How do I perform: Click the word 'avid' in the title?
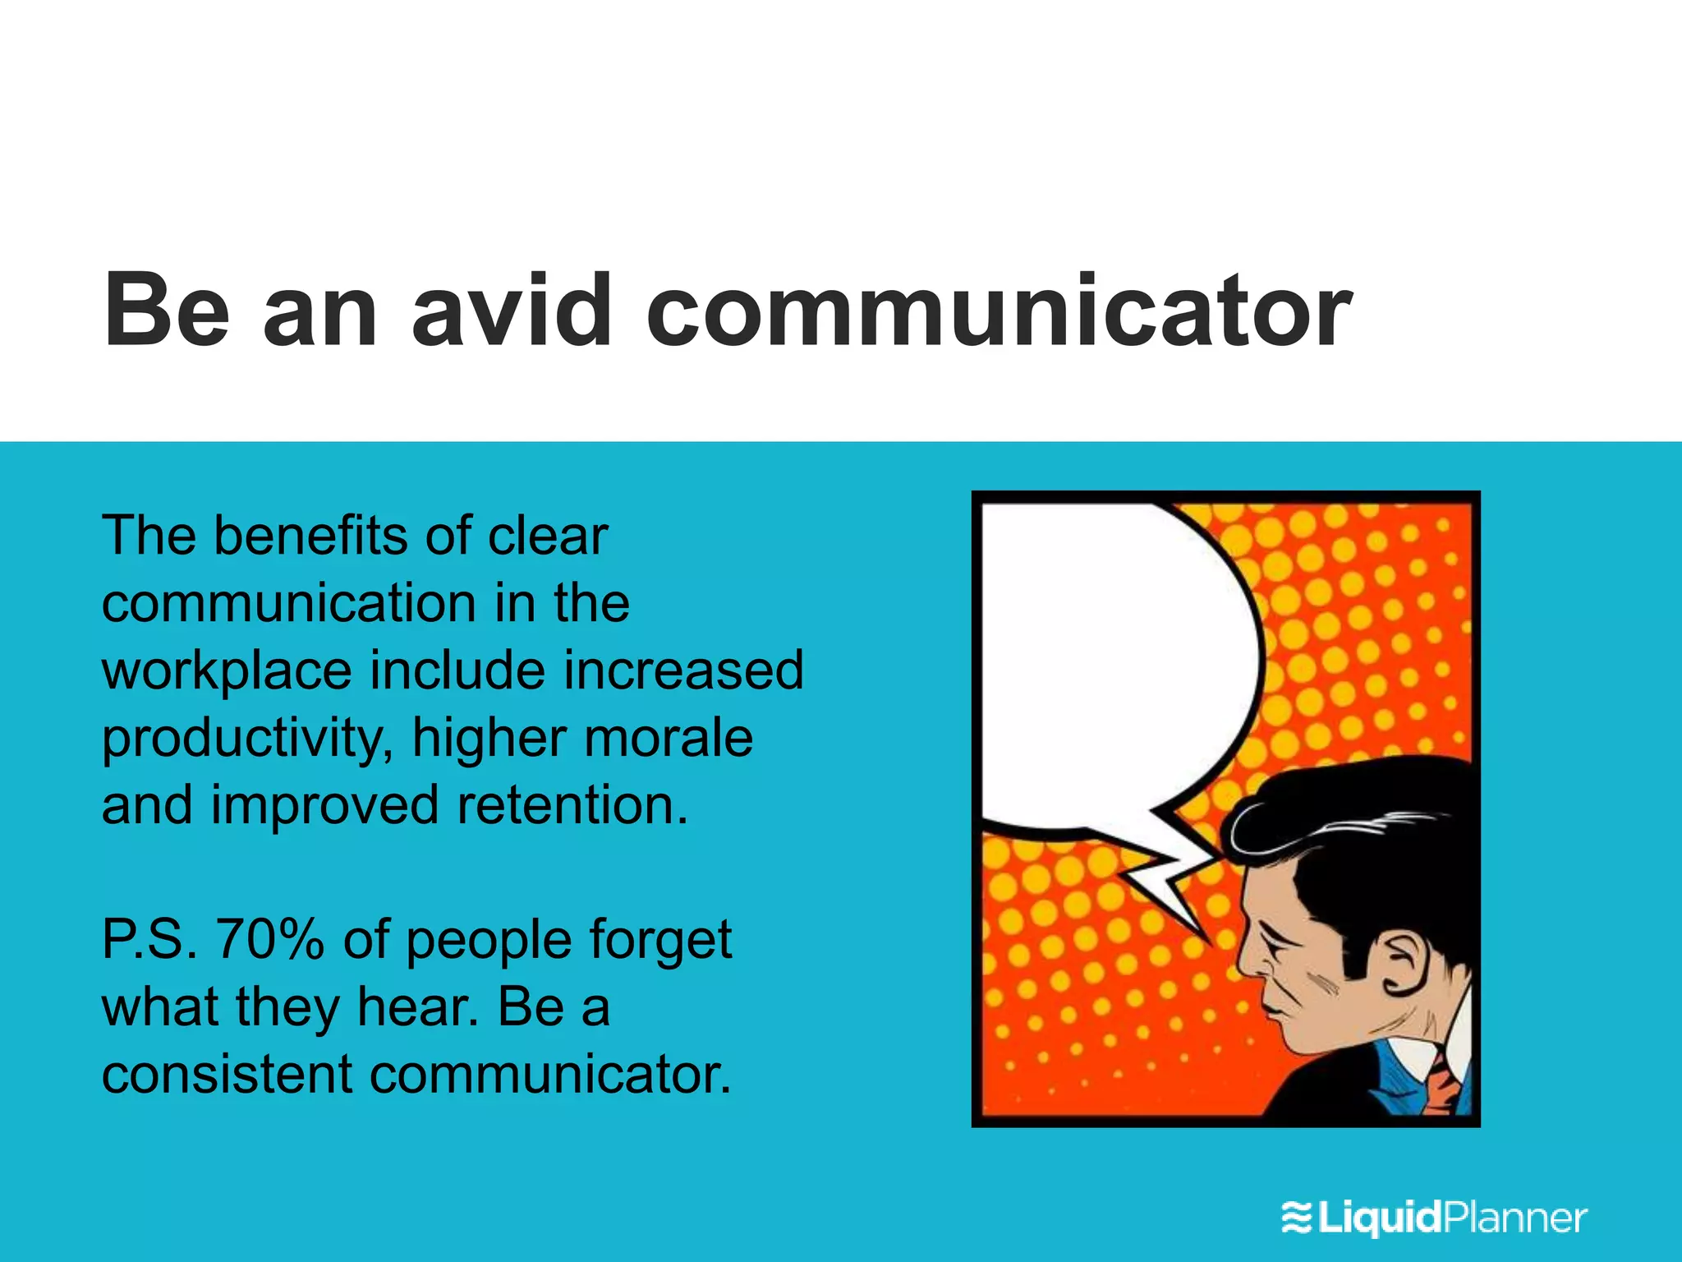tap(511, 311)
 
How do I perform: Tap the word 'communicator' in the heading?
tap(998, 311)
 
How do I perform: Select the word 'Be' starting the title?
tap(166, 311)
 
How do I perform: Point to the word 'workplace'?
tap(227, 670)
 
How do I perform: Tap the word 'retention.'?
tap(572, 805)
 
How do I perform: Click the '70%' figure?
tap(269, 939)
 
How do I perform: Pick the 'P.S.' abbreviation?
tap(149, 939)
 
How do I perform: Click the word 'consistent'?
tap(227, 1074)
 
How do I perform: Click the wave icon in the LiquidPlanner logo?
tap(1298, 1218)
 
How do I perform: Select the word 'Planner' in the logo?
tap(1515, 1218)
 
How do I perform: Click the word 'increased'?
tap(683, 670)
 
